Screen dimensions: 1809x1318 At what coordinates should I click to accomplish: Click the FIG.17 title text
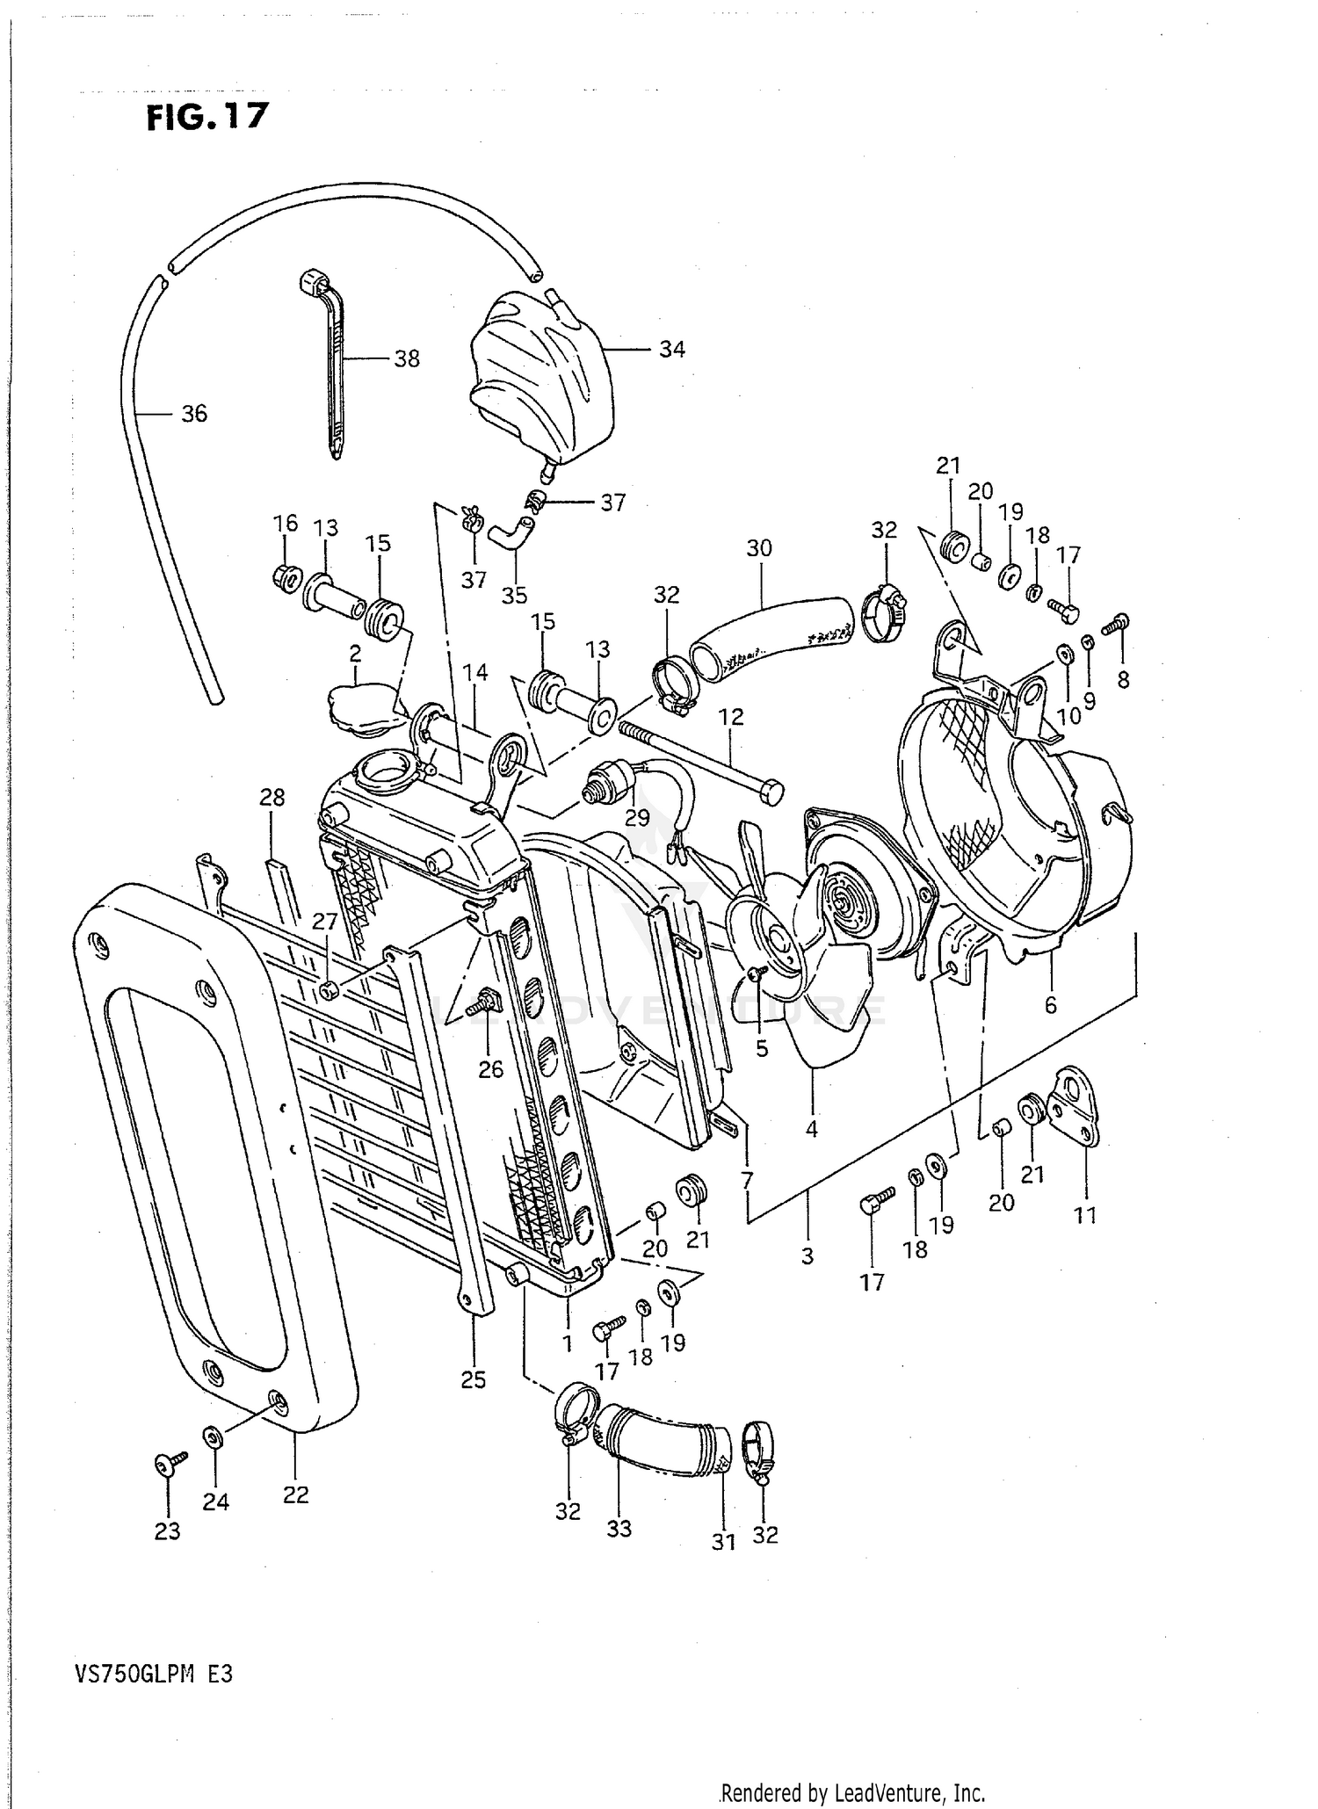pos(207,117)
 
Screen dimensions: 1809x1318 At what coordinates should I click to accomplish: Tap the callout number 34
pos(671,350)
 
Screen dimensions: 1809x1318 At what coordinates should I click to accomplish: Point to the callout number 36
pos(194,414)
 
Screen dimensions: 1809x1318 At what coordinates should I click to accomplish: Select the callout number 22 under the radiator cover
pos(296,1494)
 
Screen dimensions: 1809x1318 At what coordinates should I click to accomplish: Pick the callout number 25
pos(473,1380)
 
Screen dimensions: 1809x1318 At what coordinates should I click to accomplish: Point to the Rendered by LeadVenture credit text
pos(852,1793)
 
